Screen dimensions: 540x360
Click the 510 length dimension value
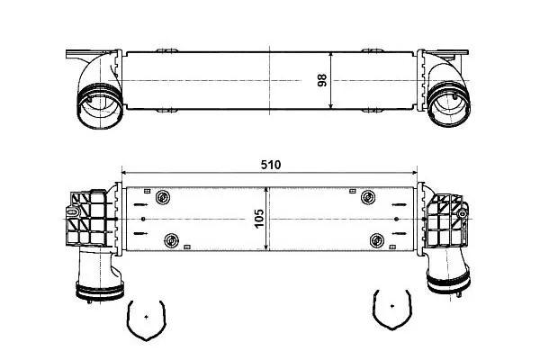[x=271, y=165]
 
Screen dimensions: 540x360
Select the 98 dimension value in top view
[x=322, y=81]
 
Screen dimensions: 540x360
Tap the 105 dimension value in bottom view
[x=259, y=219]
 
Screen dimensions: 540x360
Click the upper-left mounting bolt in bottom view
[x=163, y=197]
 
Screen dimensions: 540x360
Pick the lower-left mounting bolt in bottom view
[x=171, y=240]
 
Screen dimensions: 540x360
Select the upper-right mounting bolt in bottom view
[x=368, y=197]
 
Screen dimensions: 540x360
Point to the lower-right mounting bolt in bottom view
[x=377, y=240]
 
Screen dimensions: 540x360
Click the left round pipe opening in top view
[x=100, y=106]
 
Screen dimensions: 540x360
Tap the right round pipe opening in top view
[x=449, y=104]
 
